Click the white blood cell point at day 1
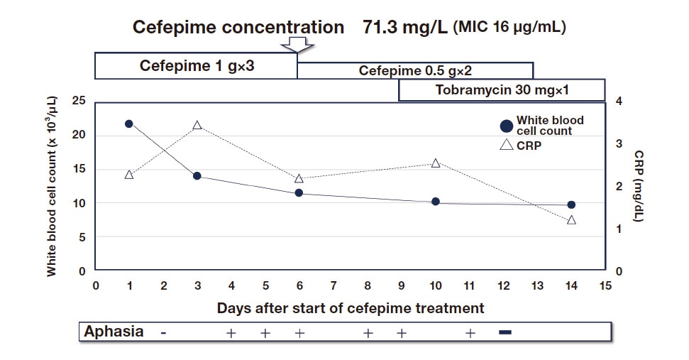tap(128, 124)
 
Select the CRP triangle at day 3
tap(197, 126)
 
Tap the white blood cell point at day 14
tap(571, 204)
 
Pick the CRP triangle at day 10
tap(436, 163)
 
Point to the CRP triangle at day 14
tap(571, 220)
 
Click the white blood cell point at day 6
tap(299, 192)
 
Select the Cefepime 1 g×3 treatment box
tap(196, 66)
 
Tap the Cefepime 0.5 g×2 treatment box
tap(415, 71)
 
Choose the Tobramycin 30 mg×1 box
tap(501, 91)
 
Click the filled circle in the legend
tap(506, 126)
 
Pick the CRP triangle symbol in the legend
tap(506, 145)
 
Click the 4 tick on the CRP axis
tap(619, 101)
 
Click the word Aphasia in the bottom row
tap(114, 332)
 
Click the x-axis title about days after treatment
tap(351, 308)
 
